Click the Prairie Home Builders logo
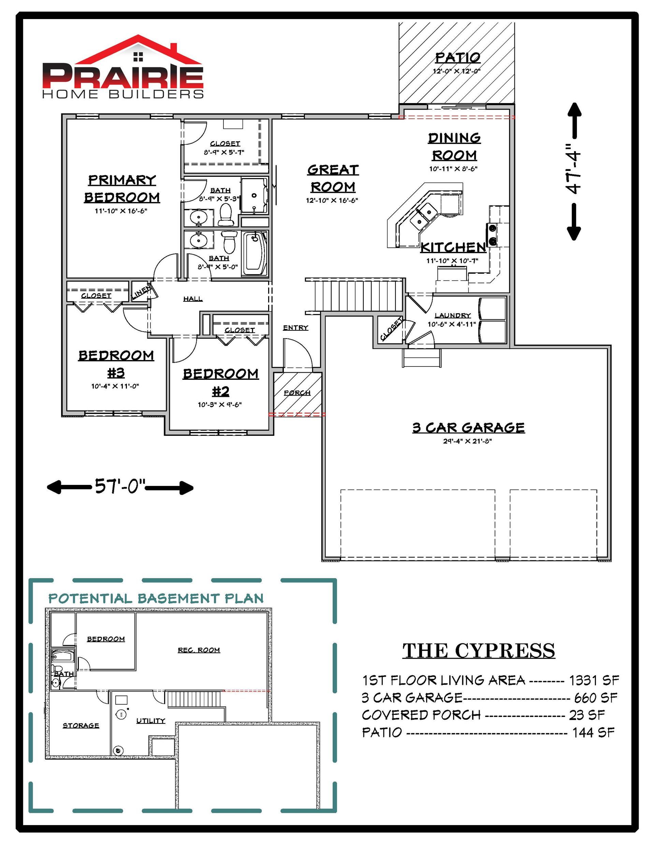pos(123,67)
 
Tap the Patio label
pos(458,57)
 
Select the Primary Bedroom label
pos(122,189)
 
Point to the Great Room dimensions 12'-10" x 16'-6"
pos(332,200)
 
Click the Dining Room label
pos(454,146)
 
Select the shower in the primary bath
pos(254,195)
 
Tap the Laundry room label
pos(452,315)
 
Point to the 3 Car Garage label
pos(468,428)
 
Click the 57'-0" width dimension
pos(120,487)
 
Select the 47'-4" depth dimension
pos(573,171)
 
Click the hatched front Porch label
pos(297,392)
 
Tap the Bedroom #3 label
pos(116,364)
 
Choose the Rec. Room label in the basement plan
pos(199,650)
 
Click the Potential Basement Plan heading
pos(156,598)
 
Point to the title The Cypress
pos(479,651)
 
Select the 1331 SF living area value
pos(594,680)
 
